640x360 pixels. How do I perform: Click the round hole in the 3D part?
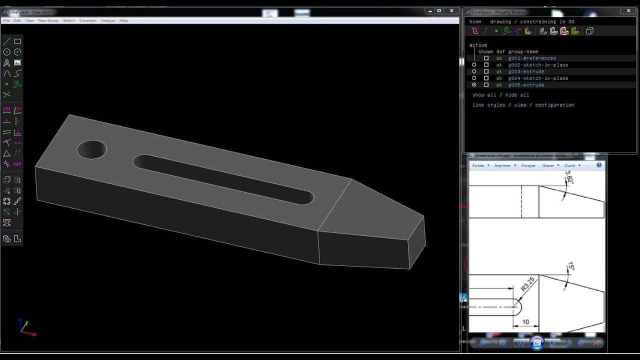click(x=92, y=150)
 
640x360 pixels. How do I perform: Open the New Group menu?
click(x=48, y=20)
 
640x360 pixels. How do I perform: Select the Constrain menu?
click(x=87, y=20)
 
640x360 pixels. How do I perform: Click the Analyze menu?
click(x=107, y=20)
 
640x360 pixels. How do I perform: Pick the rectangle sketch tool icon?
click(x=17, y=41)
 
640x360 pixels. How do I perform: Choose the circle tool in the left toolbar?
click(x=7, y=52)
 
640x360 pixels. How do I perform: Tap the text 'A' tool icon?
click(x=7, y=63)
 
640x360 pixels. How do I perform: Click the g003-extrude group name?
click(x=526, y=71)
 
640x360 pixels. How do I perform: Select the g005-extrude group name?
click(x=526, y=85)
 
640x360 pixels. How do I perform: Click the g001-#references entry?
click(x=532, y=58)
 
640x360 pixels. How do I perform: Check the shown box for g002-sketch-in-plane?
click(x=486, y=65)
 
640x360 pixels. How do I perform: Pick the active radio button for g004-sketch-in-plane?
click(x=474, y=78)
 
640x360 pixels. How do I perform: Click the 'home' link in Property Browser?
click(x=475, y=22)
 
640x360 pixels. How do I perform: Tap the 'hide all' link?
click(x=517, y=95)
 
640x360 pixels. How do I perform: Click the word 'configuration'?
click(x=554, y=105)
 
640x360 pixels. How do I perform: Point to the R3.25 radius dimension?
click(x=527, y=284)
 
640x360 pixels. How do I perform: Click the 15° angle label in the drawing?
click(x=570, y=267)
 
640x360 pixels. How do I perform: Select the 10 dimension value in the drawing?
click(x=525, y=322)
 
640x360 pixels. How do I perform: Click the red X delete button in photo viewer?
click(x=595, y=342)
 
